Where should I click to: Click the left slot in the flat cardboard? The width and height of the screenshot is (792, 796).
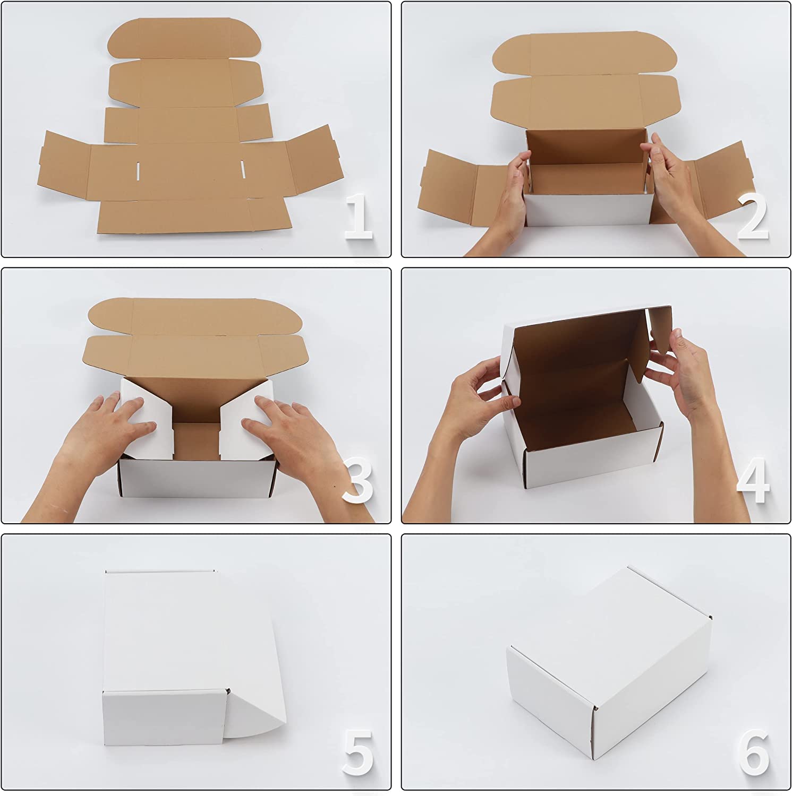pos(138,171)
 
